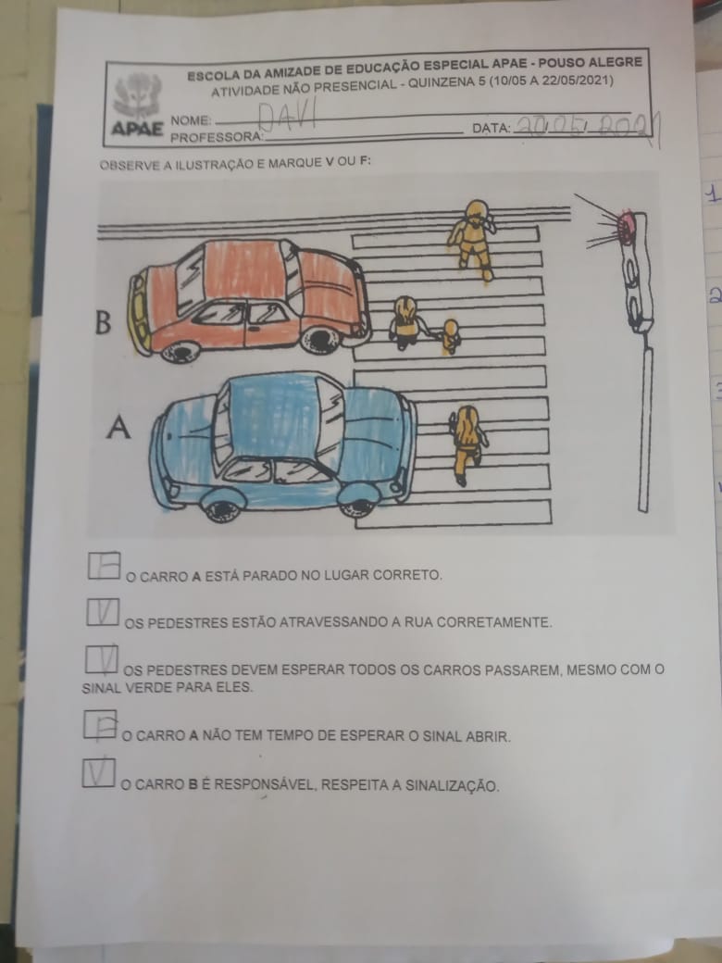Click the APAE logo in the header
138,105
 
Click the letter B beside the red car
103,322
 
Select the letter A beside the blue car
118,427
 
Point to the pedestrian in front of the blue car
467,444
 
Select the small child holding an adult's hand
450,335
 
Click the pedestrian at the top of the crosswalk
473,238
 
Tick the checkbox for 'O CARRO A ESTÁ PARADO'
104,565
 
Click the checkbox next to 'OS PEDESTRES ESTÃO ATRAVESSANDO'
103,612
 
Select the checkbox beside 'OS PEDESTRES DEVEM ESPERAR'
101,659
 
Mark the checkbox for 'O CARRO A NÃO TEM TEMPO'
100,724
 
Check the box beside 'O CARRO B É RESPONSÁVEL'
98,772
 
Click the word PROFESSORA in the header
217,137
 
